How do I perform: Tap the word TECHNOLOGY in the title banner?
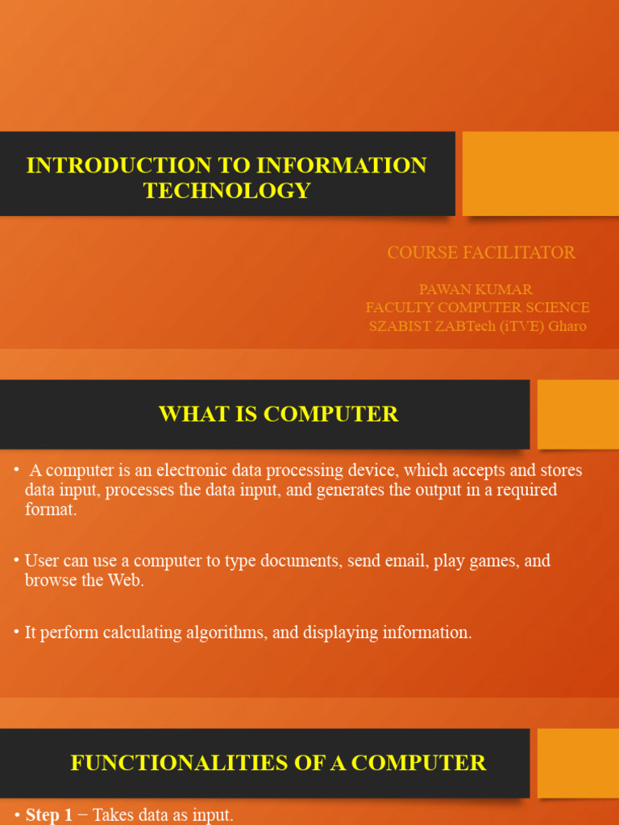(x=226, y=190)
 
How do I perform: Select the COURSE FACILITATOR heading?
(x=481, y=252)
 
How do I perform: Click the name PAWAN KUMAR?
(x=476, y=289)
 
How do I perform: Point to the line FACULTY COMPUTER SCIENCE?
(x=477, y=308)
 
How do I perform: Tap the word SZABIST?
(x=401, y=326)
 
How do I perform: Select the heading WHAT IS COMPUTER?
(x=278, y=414)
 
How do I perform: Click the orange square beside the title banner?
(x=540, y=173)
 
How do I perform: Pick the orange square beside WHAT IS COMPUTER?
(x=577, y=414)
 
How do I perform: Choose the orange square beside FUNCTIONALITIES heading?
(x=577, y=763)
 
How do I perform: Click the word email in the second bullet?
(x=406, y=561)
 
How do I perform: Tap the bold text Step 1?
(x=48, y=815)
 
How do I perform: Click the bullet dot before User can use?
(x=16, y=560)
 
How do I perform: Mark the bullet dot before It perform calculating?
(x=16, y=632)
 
